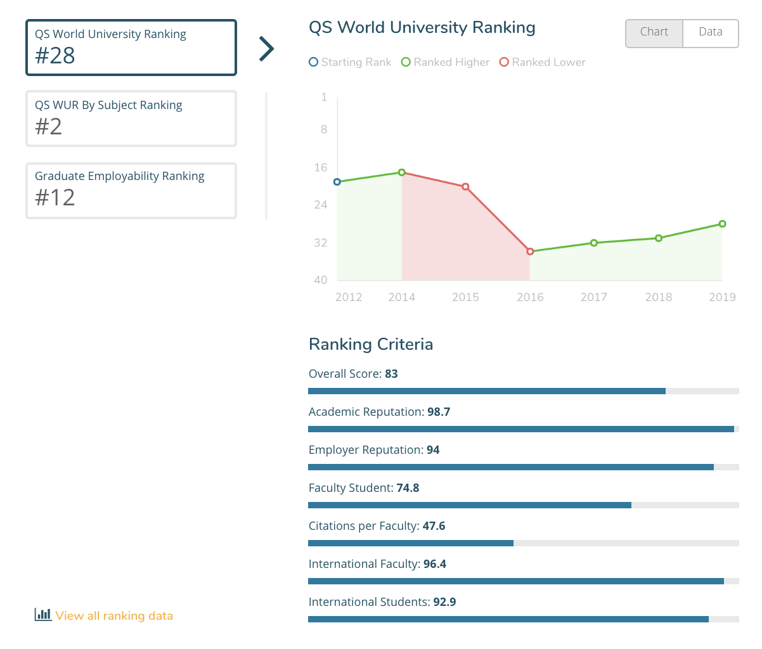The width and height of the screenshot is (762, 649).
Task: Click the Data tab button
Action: pos(710,32)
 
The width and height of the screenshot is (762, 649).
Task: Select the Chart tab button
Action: pos(654,32)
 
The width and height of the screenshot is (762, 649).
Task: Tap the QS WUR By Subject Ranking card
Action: pos(131,119)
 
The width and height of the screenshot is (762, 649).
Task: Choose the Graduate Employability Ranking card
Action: pos(131,190)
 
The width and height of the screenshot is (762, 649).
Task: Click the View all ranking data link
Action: pos(113,615)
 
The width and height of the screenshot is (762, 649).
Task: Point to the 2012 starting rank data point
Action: pos(337,182)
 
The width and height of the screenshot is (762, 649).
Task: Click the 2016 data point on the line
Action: pos(530,252)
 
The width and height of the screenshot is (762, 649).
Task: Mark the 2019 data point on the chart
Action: pos(722,224)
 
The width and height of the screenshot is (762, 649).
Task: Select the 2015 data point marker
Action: pos(465,187)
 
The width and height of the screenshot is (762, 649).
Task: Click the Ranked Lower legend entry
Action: pos(543,62)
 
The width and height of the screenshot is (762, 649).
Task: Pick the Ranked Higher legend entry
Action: pos(445,62)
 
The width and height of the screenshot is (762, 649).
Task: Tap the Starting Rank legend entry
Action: pos(350,62)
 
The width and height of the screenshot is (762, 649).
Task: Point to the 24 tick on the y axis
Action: pos(321,205)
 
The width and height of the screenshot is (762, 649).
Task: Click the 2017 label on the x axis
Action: pos(593,297)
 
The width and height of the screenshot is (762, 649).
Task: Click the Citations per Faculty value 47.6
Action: pos(434,526)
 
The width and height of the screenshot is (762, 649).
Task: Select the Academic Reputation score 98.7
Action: pos(439,412)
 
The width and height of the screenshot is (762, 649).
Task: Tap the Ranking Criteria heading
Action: pos(371,344)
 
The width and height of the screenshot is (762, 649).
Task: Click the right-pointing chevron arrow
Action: pos(267,48)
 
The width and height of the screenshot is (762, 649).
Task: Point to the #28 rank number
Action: pos(55,56)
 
